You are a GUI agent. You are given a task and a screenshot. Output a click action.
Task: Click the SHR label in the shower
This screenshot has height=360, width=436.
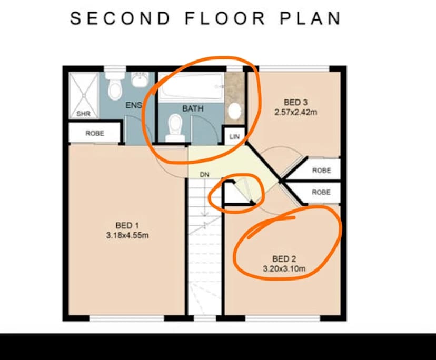click(x=83, y=114)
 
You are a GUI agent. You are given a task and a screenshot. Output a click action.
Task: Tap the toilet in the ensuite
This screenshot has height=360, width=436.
click(x=115, y=89)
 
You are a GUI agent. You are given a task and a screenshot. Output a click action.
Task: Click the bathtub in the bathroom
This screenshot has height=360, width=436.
click(x=192, y=86)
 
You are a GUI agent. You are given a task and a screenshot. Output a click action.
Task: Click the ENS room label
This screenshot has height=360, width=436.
click(x=134, y=105)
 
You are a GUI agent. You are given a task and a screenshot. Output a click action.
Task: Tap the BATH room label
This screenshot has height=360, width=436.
click(x=193, y=108)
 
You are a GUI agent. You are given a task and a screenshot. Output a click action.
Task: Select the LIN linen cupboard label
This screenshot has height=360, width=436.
click(x=234, y=137)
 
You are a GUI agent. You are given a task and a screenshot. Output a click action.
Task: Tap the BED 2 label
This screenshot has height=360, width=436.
click(x=284, y=259)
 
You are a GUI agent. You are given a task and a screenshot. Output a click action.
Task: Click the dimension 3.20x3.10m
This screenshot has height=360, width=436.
click(x=284, y=268)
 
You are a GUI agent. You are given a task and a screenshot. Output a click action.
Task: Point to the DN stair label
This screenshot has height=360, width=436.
click(x=205, y=174)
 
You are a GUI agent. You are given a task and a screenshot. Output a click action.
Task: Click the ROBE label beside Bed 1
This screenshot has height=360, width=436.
click(x=95, y=134)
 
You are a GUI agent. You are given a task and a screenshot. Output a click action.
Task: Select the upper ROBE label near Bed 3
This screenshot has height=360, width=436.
click(x=321, y=171)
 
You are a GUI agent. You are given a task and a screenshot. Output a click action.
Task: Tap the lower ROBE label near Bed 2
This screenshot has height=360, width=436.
click(x=321, y=192)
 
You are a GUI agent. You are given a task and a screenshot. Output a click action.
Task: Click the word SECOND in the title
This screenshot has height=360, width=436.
click(x=121, y=18)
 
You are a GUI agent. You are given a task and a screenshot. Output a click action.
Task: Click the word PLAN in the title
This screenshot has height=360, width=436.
click(x=310, y=18)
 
